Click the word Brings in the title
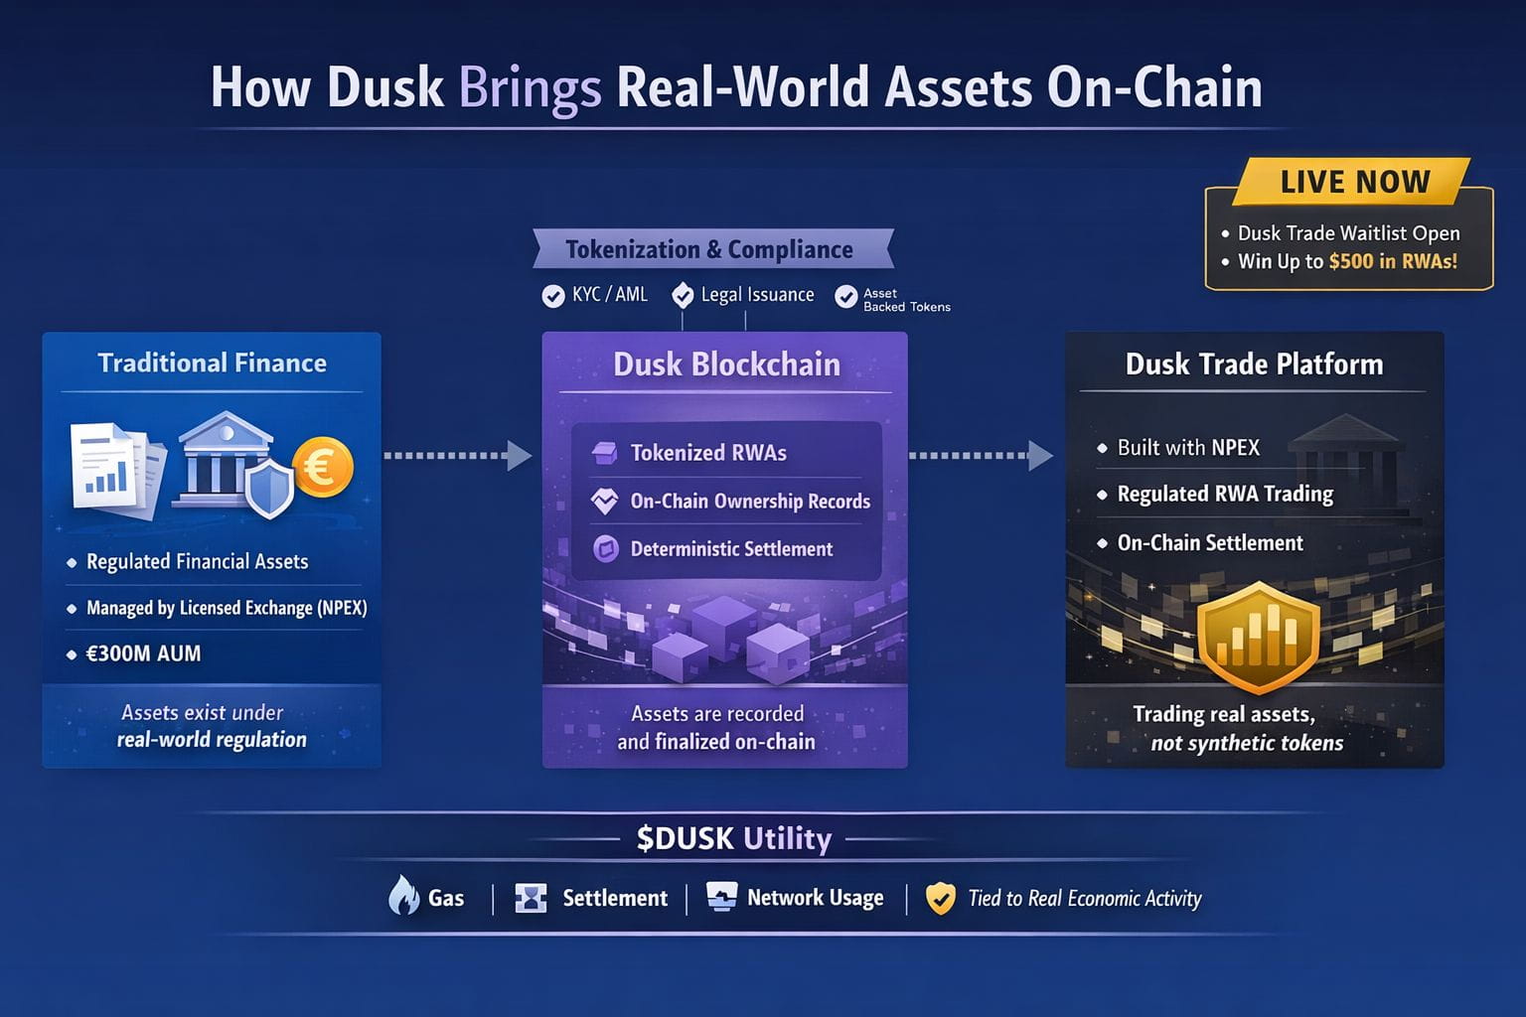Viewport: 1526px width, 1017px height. point(530,89)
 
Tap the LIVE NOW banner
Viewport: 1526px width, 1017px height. point(1354,182)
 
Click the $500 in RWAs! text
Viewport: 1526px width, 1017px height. point(1393,261)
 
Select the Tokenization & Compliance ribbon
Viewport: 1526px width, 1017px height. point(709,249)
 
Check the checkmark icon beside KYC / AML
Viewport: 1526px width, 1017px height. point(553,296)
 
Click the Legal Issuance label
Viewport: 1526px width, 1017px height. point(757,295)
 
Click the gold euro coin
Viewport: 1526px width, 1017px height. point(323,467)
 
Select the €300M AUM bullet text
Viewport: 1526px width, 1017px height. point(144,654)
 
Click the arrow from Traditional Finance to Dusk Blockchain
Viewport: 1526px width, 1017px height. point(457,456)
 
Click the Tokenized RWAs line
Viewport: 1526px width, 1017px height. point(708,453)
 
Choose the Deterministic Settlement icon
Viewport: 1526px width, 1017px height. point(605,548)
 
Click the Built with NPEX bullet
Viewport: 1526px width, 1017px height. point(1188,448)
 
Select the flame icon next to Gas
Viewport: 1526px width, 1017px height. point(403,896)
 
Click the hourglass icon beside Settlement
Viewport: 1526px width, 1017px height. point(532,898)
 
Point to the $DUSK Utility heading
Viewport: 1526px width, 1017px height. point(734,839)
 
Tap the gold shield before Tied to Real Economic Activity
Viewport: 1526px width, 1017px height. point(940,899)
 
